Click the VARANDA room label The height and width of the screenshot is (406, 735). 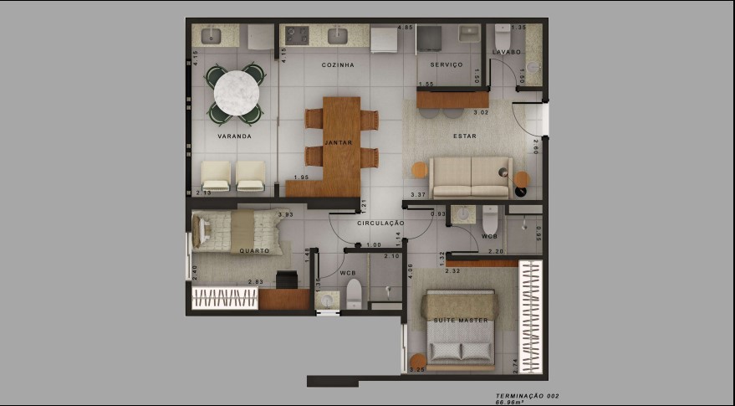coord(234,136)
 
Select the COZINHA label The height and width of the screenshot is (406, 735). coord(338,64)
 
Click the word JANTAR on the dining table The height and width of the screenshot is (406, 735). coord(339,143)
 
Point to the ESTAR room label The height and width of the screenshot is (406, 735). coord(465,135)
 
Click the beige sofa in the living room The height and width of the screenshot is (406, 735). coord(470,177)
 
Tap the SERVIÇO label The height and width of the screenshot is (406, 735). coord(447,64)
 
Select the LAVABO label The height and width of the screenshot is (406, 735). coord(507,52)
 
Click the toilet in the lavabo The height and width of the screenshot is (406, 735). coord(503,38)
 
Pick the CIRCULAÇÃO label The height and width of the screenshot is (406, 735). coord(380,224)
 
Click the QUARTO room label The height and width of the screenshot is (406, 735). coord(254,251)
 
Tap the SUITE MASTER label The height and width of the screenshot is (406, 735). coord(461,321)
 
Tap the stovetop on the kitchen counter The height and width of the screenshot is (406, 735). coord(297,35)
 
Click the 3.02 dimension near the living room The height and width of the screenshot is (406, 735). coord(481,112)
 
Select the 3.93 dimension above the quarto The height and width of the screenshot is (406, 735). coord(285,214)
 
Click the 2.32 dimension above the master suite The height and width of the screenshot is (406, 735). coord(452,271)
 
